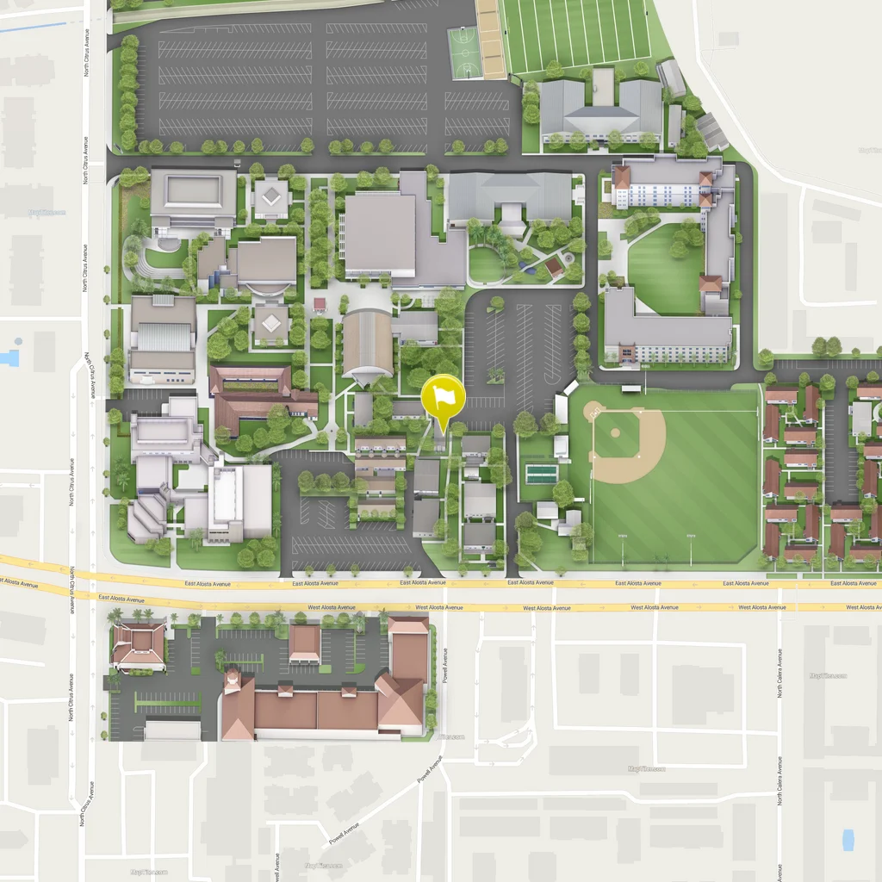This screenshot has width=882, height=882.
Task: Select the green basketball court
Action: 463,53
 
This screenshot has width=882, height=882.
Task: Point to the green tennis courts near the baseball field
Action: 540,474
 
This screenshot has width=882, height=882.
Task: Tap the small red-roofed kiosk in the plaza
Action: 320,304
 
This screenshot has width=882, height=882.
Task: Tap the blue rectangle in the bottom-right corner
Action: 848,840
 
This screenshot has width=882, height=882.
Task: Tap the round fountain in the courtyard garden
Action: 568,258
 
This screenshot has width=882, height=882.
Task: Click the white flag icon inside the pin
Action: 444,396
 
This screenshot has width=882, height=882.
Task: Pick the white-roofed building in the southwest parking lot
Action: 172,730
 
